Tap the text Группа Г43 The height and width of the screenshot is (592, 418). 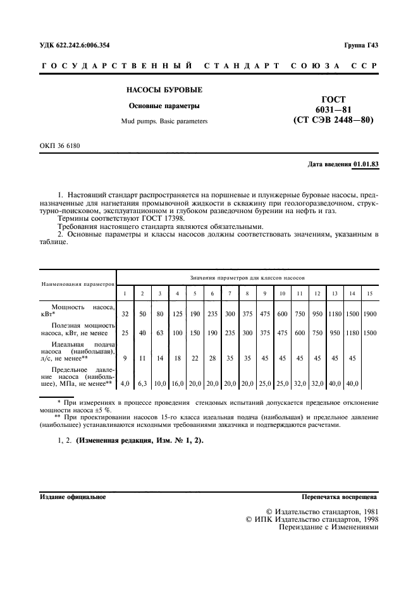click(x=360, y=46)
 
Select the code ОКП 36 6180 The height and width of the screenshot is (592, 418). click(x=61, y=146)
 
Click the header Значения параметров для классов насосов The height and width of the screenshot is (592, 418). click(x=248, y=278)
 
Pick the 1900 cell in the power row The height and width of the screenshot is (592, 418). click(x=370, y=314)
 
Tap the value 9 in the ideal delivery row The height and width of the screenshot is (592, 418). click(x=125, y=358)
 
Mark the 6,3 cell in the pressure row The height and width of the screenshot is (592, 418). click(x=143, y=383)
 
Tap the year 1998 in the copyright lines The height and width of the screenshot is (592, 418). click(x=366, y=519)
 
